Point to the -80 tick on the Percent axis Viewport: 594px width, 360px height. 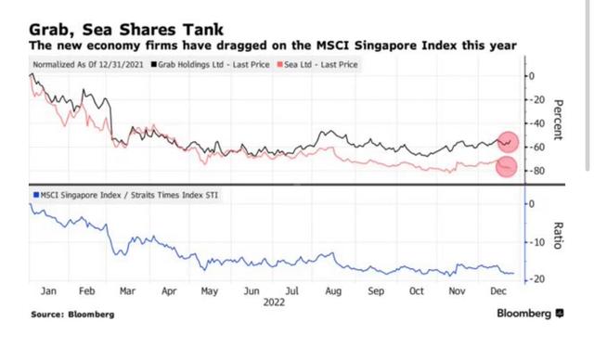(x=535, y=172)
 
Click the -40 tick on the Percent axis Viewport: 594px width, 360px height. (x=535, y=123)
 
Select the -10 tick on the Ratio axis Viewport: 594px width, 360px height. (x=535, y=242)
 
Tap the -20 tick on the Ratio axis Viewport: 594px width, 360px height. (x=535, y=279)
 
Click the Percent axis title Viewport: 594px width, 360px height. (x=559, y=121)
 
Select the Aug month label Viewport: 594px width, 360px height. (x=332, y=290)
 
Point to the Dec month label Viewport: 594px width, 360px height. (x=498, y=290)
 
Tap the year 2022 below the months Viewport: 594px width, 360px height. (x=273, y=302)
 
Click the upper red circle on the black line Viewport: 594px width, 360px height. (x=507, y=141)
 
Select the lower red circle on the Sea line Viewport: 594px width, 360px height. (x=507, y=167)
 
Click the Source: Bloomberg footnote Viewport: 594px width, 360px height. (x=72, y=315)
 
